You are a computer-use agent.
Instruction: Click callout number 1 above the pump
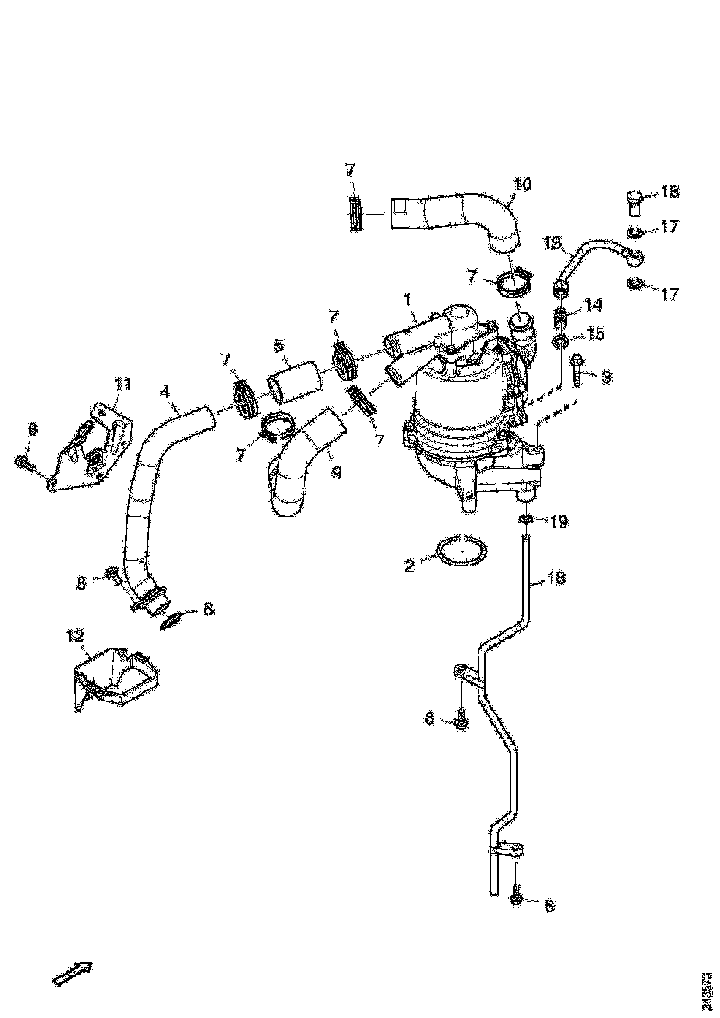click(406, 300)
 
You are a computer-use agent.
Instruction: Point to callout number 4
click(166, 391)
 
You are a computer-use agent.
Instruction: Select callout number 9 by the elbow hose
click(335, 472)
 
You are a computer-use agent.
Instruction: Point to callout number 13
click(552, 242)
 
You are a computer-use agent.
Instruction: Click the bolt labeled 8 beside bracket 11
click(22, 461)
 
